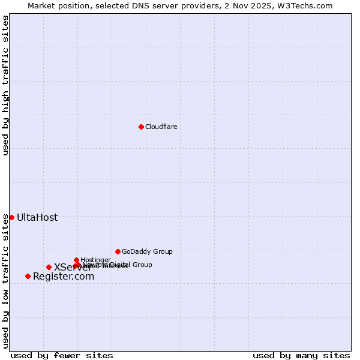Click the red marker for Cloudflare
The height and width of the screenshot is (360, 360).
(141, 127)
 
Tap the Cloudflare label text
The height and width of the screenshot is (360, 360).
(161, 127)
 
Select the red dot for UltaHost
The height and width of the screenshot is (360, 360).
(11, 217)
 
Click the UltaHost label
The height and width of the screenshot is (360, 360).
(37, 217)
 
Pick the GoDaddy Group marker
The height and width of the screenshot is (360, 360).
(118, 251)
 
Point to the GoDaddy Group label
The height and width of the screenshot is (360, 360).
(147, 252)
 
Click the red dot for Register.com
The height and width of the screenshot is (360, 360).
(28, 276)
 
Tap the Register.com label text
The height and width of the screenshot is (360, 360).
(64, 277)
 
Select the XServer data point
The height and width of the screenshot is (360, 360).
(49, 267)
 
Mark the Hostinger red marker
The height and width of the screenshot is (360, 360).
(76, 260)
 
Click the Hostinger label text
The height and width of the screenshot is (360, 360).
(95, 260)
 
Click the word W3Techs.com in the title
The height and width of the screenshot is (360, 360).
(308, 5)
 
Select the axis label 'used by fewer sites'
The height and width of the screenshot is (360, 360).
(62, 355)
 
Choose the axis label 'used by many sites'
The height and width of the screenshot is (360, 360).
(301, 355)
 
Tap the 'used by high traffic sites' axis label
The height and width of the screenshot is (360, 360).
(5, 85)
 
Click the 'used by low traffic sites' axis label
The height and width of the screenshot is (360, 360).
(5, 281)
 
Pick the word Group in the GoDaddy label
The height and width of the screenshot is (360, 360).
(162, 252)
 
